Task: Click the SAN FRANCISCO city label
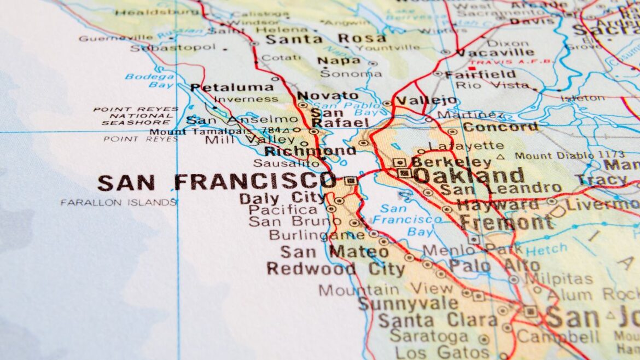217,182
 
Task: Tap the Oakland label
468,176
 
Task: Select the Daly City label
282,198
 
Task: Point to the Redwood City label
328,269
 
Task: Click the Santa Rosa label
325,39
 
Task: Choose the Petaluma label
232,88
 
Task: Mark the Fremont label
506,223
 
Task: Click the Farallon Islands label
119,202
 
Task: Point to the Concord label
500,127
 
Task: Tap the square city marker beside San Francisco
350,181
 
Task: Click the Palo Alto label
494,266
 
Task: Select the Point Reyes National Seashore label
136,116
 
